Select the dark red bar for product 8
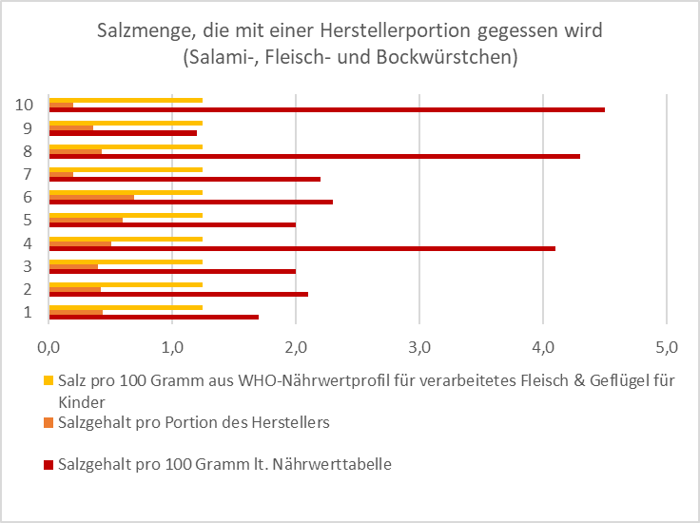[314, 156]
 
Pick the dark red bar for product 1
[153, 317]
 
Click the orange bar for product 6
[91, 197]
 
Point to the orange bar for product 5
[86, 220]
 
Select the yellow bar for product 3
[126, 261]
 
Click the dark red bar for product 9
[123, 133]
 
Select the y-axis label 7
[29, 174]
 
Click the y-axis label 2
[29, 289]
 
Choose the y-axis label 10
[26, 105]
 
